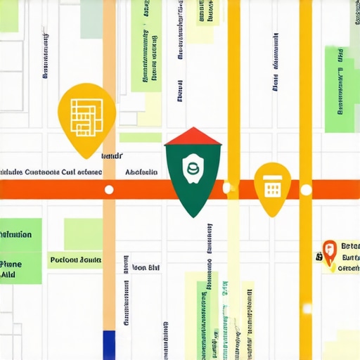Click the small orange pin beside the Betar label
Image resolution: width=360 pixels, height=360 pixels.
coord(329,250)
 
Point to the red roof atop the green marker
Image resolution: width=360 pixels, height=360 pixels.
coord(193,136)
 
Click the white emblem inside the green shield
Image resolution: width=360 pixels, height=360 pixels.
coord(191,169)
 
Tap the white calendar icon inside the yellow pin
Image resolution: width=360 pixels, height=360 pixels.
coord(272,185)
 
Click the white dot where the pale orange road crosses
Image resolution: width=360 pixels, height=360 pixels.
coord(109,190)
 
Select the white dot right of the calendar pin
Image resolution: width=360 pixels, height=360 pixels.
coord(306,190)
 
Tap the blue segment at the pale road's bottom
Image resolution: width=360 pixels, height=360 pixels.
coord(108,345)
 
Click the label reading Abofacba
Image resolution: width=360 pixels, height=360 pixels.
coord(141,172)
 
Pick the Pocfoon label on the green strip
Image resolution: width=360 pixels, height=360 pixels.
coord(76,260)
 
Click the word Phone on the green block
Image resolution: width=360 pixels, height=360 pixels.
coord(11,264)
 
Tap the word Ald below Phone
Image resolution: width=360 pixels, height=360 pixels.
coord(8,276)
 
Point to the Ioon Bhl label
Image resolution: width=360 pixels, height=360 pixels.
coord(146,268)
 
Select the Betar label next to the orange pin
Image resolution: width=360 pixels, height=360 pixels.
coord(349,246)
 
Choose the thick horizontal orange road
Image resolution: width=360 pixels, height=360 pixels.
coord(56,190)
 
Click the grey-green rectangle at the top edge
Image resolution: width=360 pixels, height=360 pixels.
coord(91,18)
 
